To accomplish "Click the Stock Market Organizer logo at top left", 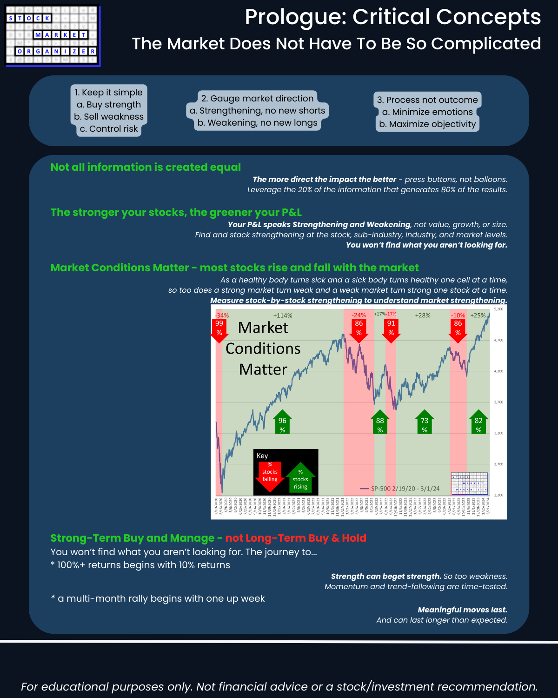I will [53, 36].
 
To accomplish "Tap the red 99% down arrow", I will [219, 329].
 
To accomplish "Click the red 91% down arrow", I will [391, 329].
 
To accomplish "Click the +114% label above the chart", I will [283, 315].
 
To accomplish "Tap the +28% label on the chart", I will [423, 315].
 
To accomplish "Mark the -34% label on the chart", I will [222, 315].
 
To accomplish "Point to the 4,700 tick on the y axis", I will [498, 340].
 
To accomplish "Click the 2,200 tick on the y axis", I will [498, 495].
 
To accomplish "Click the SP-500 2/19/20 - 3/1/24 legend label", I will [405, 489].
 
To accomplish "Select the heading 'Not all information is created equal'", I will [146, 167].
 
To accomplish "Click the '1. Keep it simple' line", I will [109, 93].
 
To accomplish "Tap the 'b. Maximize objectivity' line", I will [427, 124].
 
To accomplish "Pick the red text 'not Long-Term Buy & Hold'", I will [296, 538].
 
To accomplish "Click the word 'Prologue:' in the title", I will [296, 18].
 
